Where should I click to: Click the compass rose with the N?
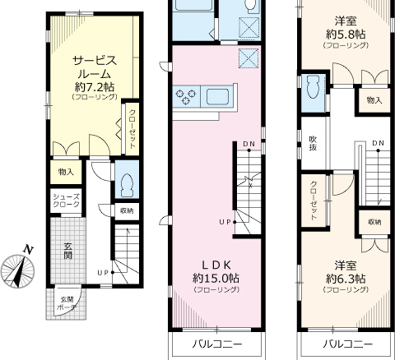click(x=17, y=269)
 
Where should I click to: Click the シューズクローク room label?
click(x=66, y=201)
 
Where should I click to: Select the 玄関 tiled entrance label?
click(x=67, y=251)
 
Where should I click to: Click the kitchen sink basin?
click(x=218, y=96)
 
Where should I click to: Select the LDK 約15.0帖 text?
click(x=216, y=272)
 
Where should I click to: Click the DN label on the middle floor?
click(x=249, y=144)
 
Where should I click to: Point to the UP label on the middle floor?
click(x=225, y=222)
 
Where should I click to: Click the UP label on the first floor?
click(x=104, y=272)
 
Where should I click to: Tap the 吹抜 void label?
click(x=314, y=143)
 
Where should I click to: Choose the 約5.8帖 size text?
click(x=346, y=35)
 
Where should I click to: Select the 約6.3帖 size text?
click(x=346, y=279)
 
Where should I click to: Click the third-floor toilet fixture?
click(x=314, y=86)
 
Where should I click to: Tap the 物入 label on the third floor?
click(x=374, y=100)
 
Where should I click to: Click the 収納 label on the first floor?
click(x=127, y=211)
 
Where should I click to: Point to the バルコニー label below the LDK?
click(x=216, y=344)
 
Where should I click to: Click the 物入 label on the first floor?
click(x=66, y=172)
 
